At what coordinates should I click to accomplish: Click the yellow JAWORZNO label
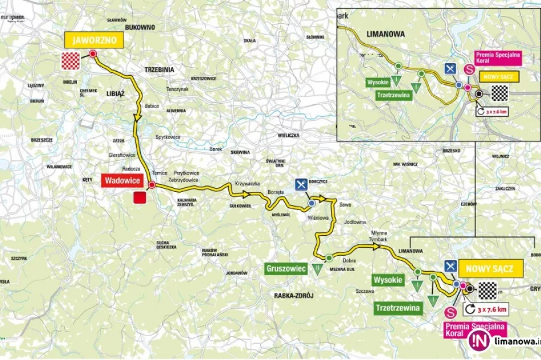tap(94, 40)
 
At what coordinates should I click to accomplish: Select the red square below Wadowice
tap(138, 198)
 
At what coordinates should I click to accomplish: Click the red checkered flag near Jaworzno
tap(71, 61)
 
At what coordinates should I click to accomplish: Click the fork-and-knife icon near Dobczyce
tap(301, 184)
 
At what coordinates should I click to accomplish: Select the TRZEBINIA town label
tap(159, 69)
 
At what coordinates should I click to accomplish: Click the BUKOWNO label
tap(140, 27)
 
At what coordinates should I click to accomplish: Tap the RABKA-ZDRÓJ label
tap(294, 295)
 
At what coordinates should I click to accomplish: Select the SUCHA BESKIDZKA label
tap(166, 246)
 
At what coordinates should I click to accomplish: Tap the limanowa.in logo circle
tap(478, 341)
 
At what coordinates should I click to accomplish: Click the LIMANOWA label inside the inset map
tap(386, 34)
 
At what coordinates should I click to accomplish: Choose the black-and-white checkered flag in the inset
tap(499, 92)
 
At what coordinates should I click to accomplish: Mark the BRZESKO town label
tap(450, 151)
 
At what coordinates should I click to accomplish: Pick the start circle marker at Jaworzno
tap(93, 54)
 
